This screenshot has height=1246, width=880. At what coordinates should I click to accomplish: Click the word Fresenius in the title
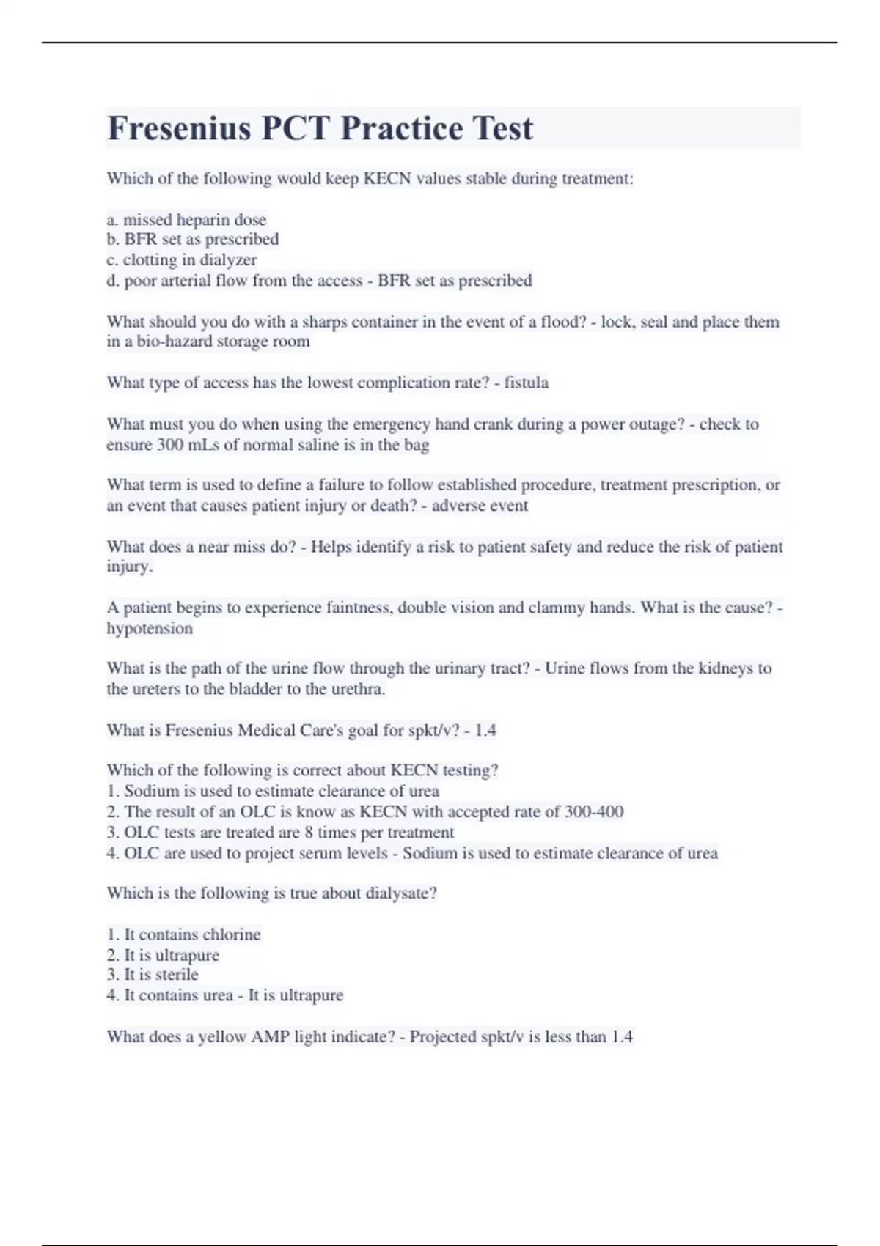point(180,128)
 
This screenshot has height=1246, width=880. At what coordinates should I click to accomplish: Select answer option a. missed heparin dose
point(186,219)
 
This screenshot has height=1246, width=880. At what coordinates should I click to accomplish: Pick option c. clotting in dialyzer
point(182,259)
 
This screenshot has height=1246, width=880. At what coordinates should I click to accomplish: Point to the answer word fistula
point(526,383)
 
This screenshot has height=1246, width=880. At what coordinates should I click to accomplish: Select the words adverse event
point(480,506)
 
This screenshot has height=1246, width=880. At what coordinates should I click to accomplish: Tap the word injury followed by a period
point(129,567)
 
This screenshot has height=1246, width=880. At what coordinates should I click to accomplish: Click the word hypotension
point(150,628)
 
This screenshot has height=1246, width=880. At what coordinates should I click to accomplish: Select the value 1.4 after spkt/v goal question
point(485,730)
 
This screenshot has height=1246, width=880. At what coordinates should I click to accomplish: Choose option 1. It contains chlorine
point(183,934)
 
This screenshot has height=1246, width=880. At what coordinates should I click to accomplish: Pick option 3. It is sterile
point(153,974)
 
